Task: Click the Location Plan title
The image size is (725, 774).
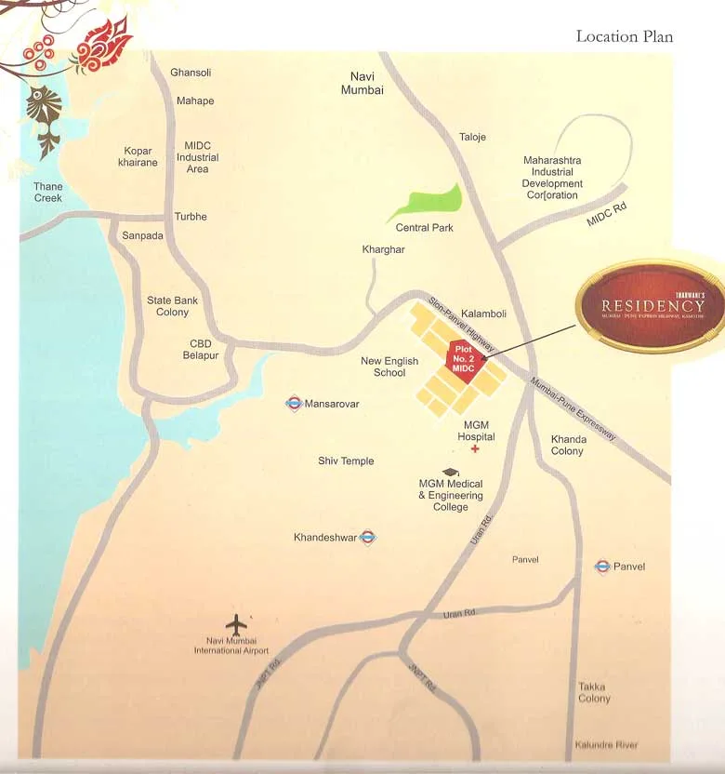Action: click(624, 36)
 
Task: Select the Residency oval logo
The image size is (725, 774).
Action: click(652, 304)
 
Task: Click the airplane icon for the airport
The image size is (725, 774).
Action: click(237, 624)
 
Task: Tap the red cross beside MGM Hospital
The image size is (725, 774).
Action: click(475, 449)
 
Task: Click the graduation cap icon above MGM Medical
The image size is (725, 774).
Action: click(451, 472)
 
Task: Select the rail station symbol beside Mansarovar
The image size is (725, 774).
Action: click(294, 404)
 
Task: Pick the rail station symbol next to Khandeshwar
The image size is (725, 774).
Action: click(368, 537)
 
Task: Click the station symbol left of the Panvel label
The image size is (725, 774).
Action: click(602, 566)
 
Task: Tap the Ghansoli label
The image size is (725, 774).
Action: click(191, 73)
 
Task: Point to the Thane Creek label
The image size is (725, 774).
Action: click(48, 193)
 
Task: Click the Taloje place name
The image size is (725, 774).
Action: click(472, 137)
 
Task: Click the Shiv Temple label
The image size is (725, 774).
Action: click(346, 461)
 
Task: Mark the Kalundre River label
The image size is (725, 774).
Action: click(606, 745)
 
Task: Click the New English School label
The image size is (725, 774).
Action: click(389, 367)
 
